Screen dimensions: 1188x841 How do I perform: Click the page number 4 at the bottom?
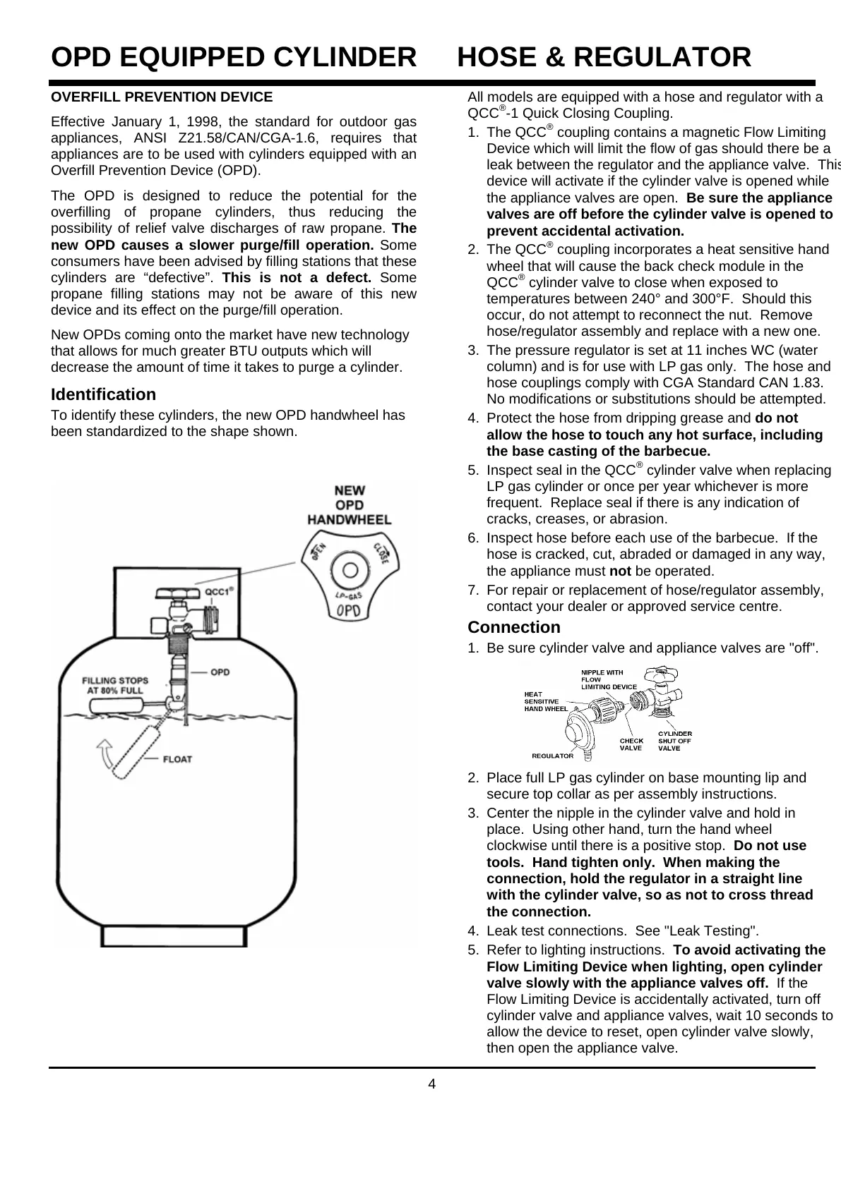(432, 1084)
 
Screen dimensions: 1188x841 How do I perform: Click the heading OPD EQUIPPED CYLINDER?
(234, 57)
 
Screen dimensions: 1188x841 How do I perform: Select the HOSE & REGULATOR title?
(604, 57)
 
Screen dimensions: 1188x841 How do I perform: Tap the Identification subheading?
(103, 394)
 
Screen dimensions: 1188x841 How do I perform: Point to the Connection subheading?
(514, 627)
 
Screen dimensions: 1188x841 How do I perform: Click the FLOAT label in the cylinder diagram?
(177, 760)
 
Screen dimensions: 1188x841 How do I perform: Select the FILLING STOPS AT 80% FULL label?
(116, 686)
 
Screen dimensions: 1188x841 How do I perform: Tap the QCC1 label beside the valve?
(219, 592)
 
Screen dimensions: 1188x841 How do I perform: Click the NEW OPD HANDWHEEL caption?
(349, 504)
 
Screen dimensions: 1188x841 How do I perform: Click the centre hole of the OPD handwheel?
(348, 566)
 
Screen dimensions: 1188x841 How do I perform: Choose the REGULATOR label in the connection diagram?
(552, 756)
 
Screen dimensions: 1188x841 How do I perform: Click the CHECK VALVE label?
(631, 744)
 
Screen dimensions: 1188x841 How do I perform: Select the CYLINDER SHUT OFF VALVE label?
(675, 741)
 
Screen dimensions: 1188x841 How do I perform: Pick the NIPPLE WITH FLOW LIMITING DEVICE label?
(608, 679)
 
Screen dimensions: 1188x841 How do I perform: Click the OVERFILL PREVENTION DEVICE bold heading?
(162, 97)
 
